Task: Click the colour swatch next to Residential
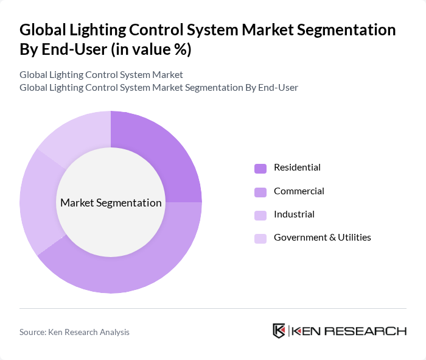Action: click(x=260, y=168)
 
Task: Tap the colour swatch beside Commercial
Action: click(x=260, y=192)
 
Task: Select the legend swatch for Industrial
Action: click(x=260, y=215)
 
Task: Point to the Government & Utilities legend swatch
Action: click(x=260, y=238)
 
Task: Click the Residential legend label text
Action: click(x=297, y=168)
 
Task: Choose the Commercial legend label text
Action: click(x=299, y=191)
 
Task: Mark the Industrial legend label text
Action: click(x=294, y=214)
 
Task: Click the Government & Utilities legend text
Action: click(x=322, y=238)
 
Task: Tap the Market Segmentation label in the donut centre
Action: click(x=111, y=203)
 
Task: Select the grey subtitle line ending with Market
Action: click(x=101, y=75)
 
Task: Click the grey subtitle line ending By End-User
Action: click(x=158, y=88)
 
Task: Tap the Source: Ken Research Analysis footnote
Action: click(x=74, y=332)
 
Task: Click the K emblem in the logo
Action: click(x=279, y=331)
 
